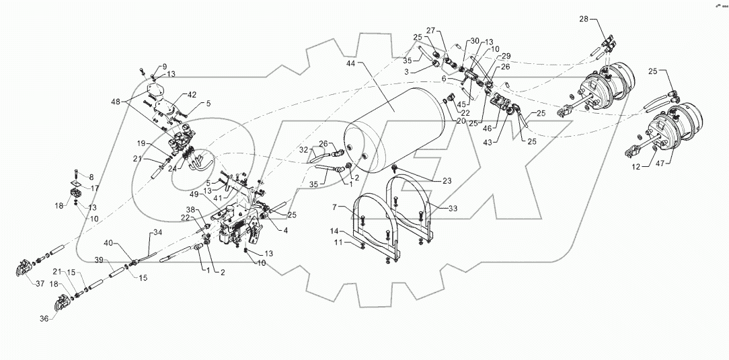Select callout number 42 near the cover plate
tap(173, 95)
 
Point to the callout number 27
tap(430, 30)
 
